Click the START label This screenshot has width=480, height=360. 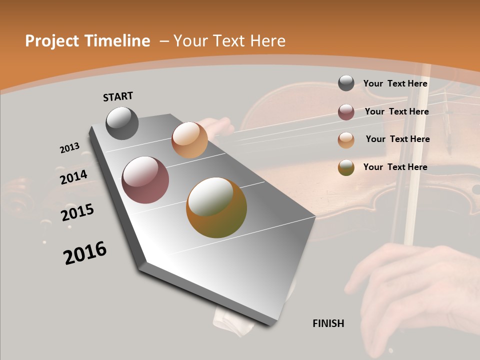(118, 96)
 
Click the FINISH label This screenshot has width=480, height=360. (328, 323)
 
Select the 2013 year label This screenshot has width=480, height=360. (69, 148)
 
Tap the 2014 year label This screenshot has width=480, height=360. (73, 177)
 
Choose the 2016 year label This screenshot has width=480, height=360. (85, 253)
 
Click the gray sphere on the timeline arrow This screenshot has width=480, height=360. (122, 123)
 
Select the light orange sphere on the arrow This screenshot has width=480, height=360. (189, 140)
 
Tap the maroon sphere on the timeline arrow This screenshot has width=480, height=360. (145, 180)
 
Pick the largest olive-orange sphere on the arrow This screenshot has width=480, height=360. (216, 207)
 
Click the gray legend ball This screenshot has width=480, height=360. (346, 83)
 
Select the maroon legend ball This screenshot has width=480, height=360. (346, 112)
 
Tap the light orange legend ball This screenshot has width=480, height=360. (346, 140)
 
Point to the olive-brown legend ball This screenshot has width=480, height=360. (346, 167)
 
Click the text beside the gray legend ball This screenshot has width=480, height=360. (395, 83)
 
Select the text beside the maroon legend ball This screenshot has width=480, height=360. (396, 111)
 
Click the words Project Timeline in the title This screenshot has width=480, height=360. (87, 41)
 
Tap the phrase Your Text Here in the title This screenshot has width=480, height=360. (229, 41)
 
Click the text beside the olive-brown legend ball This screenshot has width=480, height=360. (395, 167)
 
